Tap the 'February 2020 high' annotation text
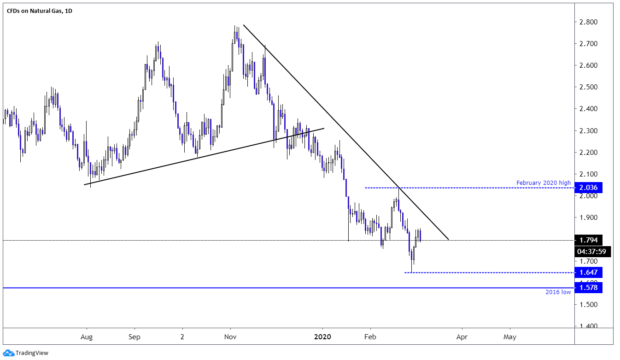[543, 183]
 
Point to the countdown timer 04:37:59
[593, 252]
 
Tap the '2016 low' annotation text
[558, 292]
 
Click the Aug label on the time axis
[87, 336]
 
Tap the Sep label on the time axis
[134, 336]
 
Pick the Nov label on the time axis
[230, 336]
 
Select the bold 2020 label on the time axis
[323, 336]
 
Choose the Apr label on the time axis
[462, 336]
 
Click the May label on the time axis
[509, 336]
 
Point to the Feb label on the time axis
[370, 336]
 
